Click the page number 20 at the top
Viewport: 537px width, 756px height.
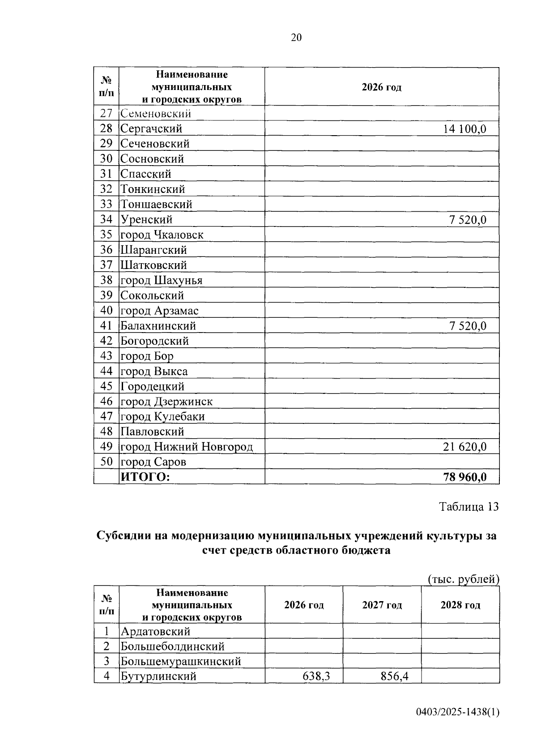(296, 38)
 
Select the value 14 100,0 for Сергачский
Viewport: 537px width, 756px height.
(465, 129)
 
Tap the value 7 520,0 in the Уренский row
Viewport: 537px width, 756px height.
(468, 220)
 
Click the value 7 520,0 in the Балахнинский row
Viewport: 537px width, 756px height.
(468, 326)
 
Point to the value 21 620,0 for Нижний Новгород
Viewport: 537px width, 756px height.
(465, 447)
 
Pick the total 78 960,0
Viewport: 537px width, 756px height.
(465, 477)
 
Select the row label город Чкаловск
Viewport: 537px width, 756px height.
(162, 235)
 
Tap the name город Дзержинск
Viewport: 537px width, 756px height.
(166, 401)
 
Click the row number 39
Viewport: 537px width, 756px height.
(106, 295)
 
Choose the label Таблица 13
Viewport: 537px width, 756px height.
(469, 507)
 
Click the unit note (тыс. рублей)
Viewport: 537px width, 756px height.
(463, 579)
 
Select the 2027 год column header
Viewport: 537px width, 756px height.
(382, 605)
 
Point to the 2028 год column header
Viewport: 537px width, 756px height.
(460, 605)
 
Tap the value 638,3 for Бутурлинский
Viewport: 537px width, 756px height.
(316, 676)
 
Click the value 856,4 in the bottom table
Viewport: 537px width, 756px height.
(394, 676)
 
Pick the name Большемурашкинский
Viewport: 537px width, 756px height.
(181, 661)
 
